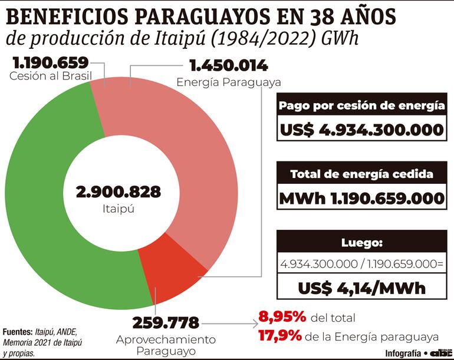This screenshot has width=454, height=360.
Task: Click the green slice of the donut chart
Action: tap(41, 194)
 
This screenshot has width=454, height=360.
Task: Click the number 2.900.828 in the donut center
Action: tap(118, 191)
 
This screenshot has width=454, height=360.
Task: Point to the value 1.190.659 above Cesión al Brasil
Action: tap(49, 62)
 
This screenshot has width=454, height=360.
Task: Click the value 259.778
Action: tap(166, 322)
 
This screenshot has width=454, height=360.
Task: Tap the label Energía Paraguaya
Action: tap(228, 82)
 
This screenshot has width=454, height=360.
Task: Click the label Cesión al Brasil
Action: tap(48, 77)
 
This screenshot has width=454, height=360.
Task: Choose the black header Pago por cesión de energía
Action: tap(362, 106)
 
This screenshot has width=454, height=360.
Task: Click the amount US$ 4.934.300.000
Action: tap(362, 130)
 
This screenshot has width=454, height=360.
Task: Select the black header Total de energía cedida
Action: tap(362, 174)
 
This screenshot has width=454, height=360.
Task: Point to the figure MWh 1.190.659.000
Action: tap(362, 199)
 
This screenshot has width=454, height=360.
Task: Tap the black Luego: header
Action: tap(362, 242)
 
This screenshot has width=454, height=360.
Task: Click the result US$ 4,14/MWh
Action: tap(362, 289)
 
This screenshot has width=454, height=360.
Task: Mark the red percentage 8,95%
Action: tap(282, 317)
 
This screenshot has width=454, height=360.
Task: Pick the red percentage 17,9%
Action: tap(280, 336)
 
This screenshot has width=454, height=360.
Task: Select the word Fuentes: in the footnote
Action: tap(18, 332)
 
